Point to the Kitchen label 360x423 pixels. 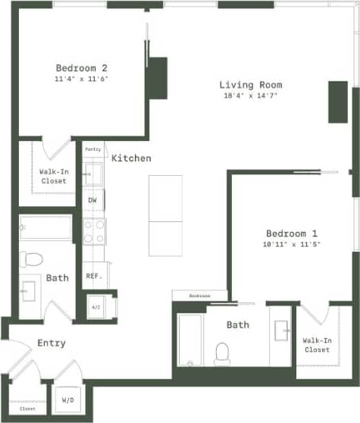(x=131, y=158)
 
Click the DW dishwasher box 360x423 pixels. (x=92, y=200)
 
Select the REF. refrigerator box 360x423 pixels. (x=94, y=276)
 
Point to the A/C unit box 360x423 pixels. (x=96, y=307)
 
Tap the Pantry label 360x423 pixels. (x=93, y=149)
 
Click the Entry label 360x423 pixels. (x=52, y=343)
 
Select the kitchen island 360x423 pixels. (x=165, y=216)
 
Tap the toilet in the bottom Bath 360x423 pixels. (x=222, y=352)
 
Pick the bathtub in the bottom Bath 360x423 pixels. (x=190, y=340)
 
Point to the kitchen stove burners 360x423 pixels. (x=94, y=230)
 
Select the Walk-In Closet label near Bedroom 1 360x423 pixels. (x=317, y=345)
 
